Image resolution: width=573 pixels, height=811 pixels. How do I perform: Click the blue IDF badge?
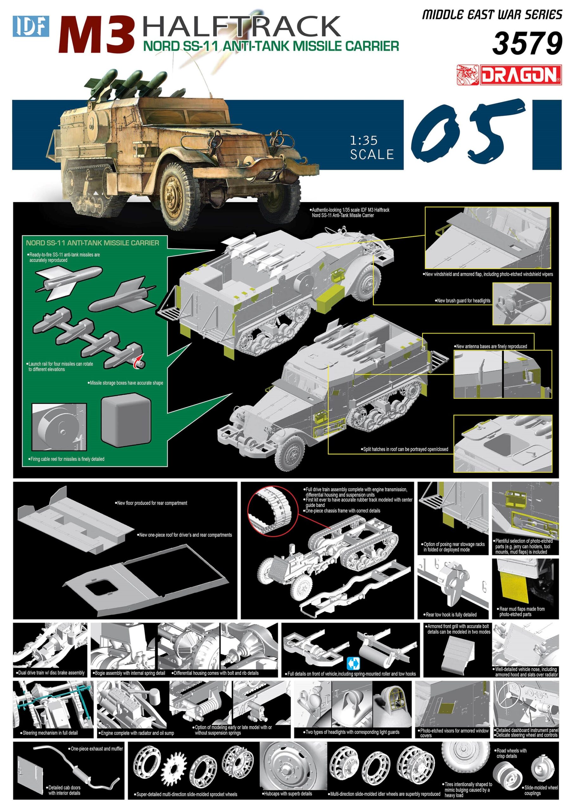pos(31,26)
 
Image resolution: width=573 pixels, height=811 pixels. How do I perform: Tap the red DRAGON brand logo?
pos(509,75)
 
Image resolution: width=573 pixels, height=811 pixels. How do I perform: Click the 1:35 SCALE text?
pos(371,148)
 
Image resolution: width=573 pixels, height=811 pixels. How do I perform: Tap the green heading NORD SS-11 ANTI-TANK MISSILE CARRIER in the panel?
pos(92,243)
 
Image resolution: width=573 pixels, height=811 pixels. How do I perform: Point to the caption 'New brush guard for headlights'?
pos(463,301)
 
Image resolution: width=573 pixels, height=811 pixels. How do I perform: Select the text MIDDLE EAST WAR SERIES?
pos(492,15)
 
